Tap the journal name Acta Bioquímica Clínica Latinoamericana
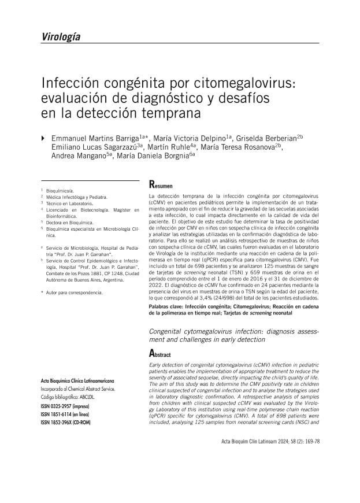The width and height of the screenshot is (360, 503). click(x=77, y=382)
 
